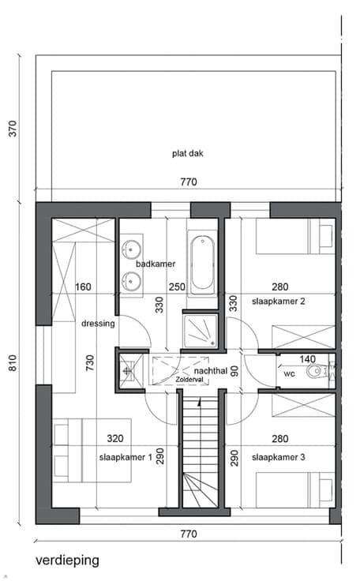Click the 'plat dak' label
pos(188,153)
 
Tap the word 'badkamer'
pos(156,264)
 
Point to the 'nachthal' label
pos(210,370)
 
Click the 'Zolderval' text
pos(189,380)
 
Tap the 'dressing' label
pos(98,324)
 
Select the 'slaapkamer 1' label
pos(126,457)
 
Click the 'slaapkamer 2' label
pos(279,302)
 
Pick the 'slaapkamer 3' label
pos(279,457)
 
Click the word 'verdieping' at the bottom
pos(67,560)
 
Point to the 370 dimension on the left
pos(13,129)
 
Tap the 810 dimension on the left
pos(13,363)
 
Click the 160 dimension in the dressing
pos(83,287)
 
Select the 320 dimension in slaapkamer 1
pos(115,439)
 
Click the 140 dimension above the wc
pos(307,359)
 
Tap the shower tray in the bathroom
pos(201,331)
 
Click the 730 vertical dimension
pos(90,363)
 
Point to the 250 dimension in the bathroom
pos(177,287)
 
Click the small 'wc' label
pos(289,374)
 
